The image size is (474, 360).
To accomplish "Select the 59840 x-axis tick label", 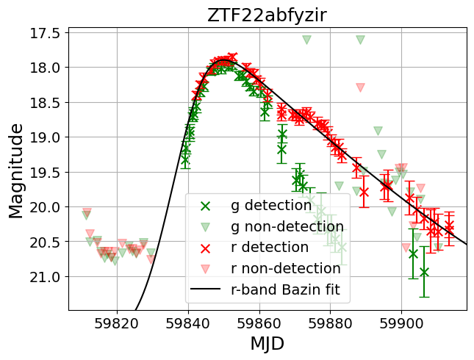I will [188, 322].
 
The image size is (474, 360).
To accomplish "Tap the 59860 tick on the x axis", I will [259, 322].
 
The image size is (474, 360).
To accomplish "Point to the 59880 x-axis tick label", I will [331, 322].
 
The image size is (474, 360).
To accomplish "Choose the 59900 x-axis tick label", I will [402, 322].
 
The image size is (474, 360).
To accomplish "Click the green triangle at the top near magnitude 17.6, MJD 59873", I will [306, 40].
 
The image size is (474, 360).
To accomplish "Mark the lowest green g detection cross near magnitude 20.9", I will [424, 272].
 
